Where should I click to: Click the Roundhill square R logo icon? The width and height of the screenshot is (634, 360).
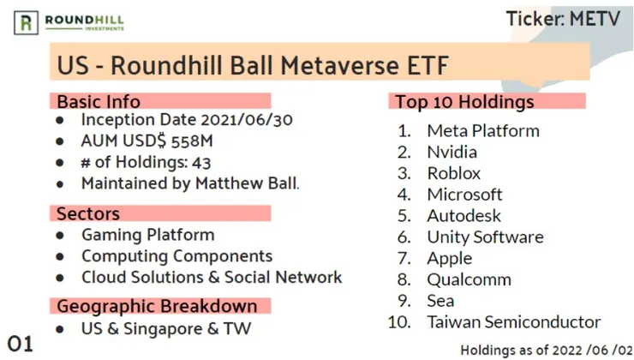click(27, 22)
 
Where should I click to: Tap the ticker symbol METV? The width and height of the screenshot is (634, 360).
click(595, 19)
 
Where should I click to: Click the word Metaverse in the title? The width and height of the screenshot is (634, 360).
click(340, 65)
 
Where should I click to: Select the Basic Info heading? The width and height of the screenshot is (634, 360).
click(99, 101)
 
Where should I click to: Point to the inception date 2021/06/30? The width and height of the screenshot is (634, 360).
click(247, 120)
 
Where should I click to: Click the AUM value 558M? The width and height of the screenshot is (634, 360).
click(192, 141)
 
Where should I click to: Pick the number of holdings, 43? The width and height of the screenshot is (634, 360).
click(201, 163)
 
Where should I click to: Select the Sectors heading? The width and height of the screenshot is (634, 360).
click(88, 213)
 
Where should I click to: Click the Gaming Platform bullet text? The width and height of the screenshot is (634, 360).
click(148, 235)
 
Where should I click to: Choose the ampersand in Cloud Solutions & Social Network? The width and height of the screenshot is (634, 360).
click(214, 278)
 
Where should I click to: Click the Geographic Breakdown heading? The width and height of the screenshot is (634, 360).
click(157, 306)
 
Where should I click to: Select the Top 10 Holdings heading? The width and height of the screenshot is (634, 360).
click(464, 102)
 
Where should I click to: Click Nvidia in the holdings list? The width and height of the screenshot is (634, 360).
click(452, 152)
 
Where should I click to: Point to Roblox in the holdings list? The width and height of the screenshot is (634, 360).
click(454, 173)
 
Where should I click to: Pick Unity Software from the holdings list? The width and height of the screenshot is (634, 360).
click(485, 237)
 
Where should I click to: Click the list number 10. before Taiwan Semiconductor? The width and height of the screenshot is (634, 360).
click(399, 322)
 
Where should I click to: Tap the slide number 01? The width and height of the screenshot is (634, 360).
click(21, 345)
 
